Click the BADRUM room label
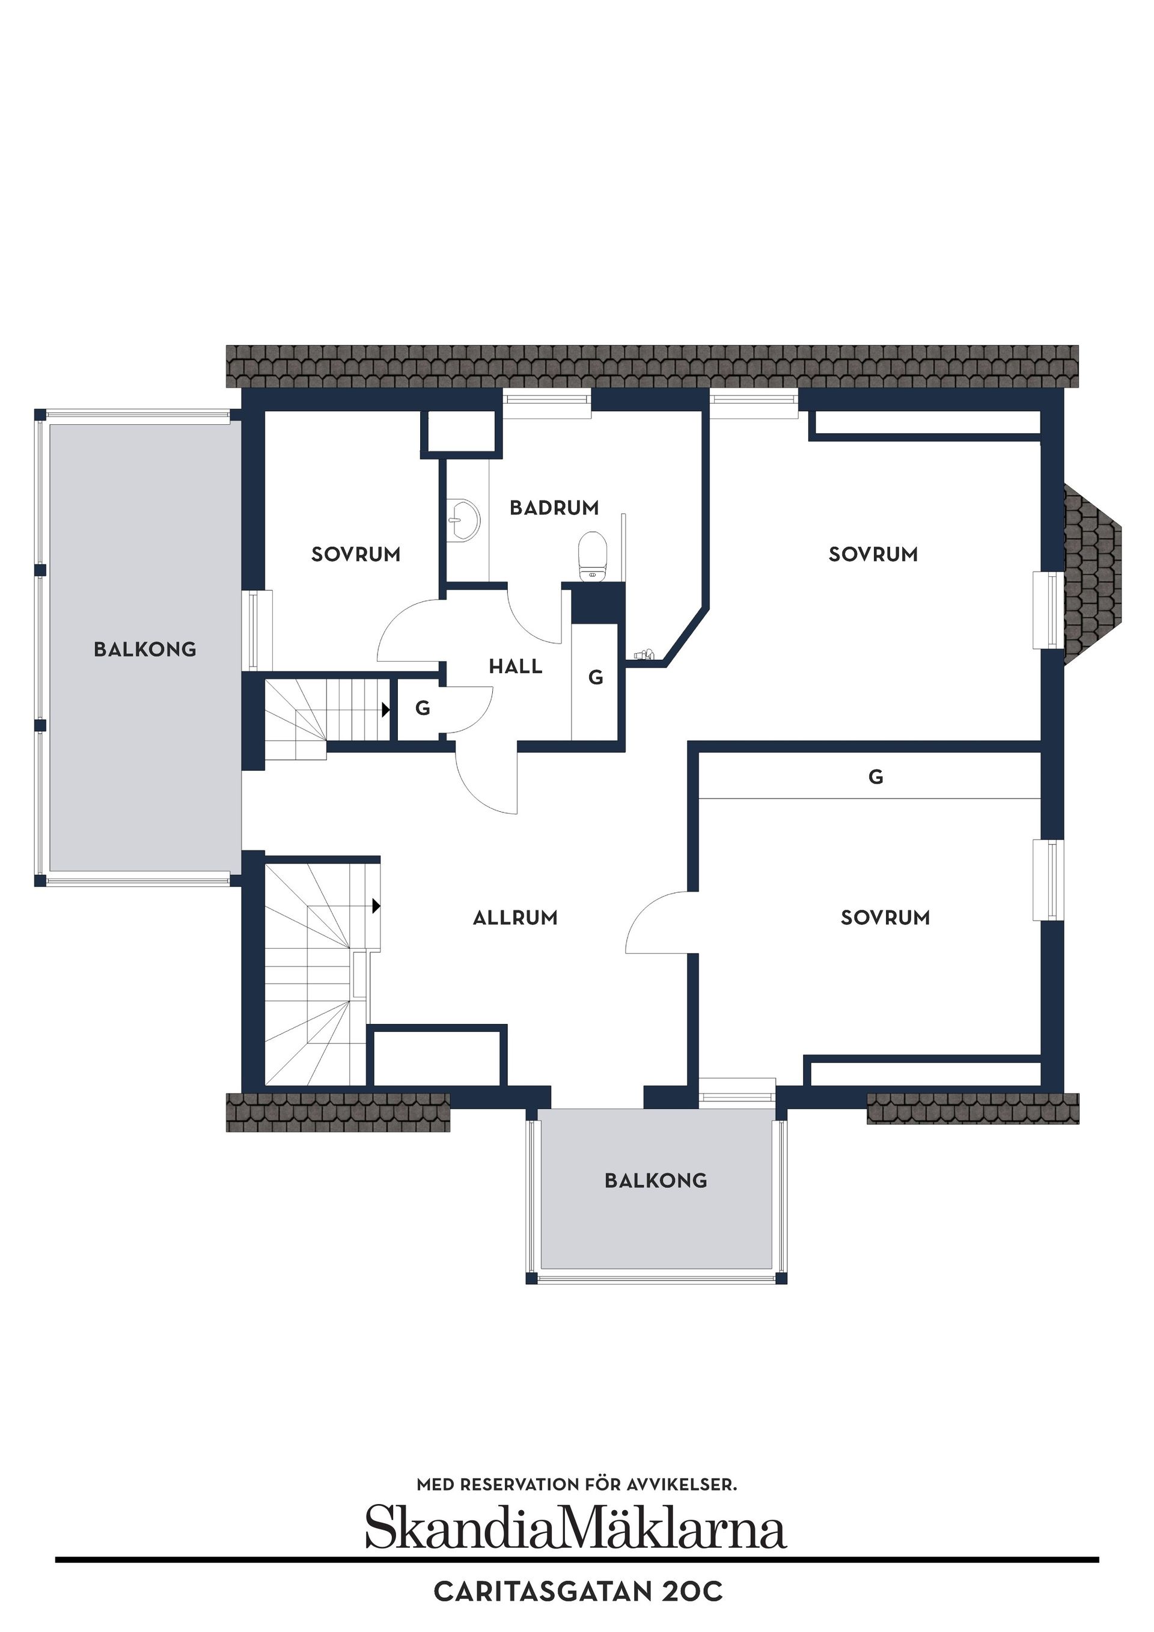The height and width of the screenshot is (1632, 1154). [x=554, y=508]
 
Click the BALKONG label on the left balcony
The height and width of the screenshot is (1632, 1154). [x=145, y=649]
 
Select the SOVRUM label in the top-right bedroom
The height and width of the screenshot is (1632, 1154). [x=873, y=555]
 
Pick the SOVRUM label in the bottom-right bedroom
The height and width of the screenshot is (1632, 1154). [x=885, y=918]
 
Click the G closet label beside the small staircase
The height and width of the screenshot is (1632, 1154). [x=423, y=708]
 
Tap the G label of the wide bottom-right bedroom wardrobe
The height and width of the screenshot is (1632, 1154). [x=875, y=777]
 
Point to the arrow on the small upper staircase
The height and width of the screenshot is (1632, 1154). [x=385, y=710]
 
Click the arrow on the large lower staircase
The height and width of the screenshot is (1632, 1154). [x=376, y=906]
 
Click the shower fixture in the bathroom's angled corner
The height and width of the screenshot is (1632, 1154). [x=644, y=654]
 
